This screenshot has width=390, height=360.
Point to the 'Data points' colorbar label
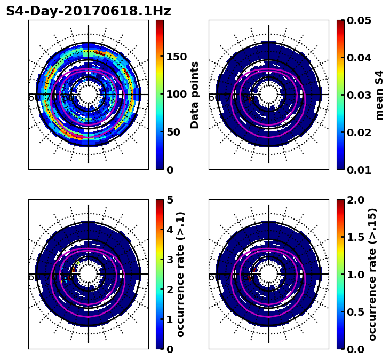[195, 95]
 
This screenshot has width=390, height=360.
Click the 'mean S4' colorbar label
[379, 95]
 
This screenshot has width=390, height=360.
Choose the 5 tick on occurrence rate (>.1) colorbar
[170, 200]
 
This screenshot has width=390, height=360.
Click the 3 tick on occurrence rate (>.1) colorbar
[170, 260]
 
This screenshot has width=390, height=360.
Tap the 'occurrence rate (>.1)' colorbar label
[181, 274]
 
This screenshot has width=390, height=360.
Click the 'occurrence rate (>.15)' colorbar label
[372, 274]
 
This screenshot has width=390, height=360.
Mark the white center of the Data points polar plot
[89, 95]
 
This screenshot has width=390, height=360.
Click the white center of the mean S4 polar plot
[269, 95]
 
